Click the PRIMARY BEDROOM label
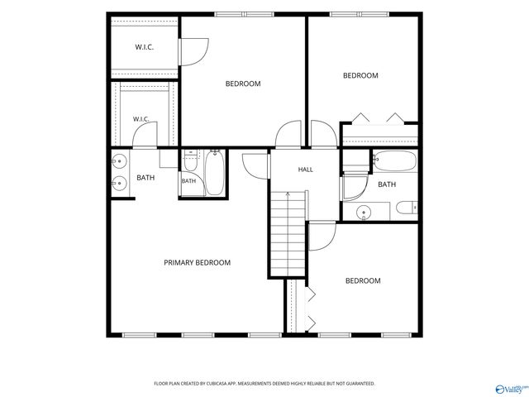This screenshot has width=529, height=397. pyautogui.click(x=198, y=263)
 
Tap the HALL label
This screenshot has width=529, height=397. pyautogui.click(x=305, y=170)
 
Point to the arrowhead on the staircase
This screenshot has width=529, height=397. pyautogui.click(x=288, y=194)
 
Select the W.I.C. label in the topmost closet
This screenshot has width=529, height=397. pyautogui.click(x=145, y=47)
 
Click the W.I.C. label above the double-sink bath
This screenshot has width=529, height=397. pyautogui.click(x=141, y=119)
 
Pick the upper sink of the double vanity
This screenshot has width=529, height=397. pyautogui.click(x=119, y=161)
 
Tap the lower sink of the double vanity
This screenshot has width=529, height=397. pyautogui.click(x=119, y=184)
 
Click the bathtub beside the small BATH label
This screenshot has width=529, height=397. pyautogui.click(x=215, y=173)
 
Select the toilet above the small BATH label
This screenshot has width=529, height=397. pyautogui.click(x=191, y=161)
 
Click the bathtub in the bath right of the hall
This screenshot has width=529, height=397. pyautogui.click(x=395, y=161)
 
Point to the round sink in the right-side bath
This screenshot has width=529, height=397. pyautogui.click(x=364, y=212)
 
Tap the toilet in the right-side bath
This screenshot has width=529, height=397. pyautogui.click(x=407, y=208)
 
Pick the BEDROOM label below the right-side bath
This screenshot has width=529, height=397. pyautogui.click(x=363, y=281)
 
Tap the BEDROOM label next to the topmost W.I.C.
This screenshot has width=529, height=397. pyautogui.click(x=243, y=84)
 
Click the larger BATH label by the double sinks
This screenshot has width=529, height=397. pyautogui.click(x=145, y=178)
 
